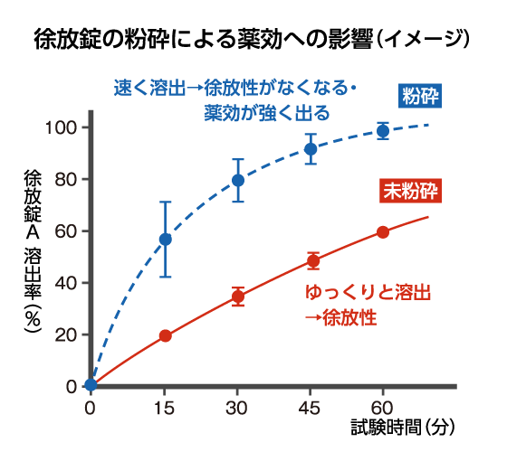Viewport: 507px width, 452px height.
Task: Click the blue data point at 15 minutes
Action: pyautogui.click(x=165, y=240)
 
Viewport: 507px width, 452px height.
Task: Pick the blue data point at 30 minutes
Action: pyautogui.click(x=238, y=180)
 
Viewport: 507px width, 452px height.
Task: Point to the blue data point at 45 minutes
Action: pyautogui.click(x=311, y=149)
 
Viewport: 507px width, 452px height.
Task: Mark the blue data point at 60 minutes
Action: pyautogui.click(x=383, y=131)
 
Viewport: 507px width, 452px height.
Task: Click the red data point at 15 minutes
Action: pyautogui.click(x=165, y=335)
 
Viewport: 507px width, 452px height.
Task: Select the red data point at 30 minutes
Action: pyautogui.click(x=238, y=297)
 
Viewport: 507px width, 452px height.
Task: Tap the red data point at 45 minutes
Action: pyautogui.click(x=313, y=261)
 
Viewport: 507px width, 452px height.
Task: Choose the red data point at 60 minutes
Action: pyautogui.click(x=383, y=232)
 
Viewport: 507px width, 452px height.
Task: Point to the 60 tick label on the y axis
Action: pyautogui.click(x=65, y=231)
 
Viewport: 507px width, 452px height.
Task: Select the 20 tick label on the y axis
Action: pyautogui.click(x=65, y=334)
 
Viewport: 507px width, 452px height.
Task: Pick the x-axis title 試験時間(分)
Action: pyautogui.click(x=407, y=425)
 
